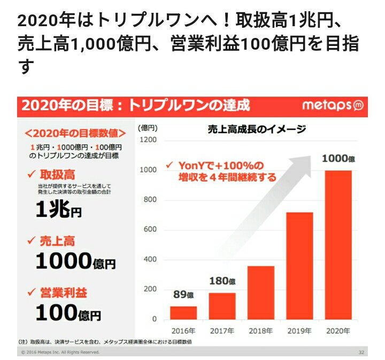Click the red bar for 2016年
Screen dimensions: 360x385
pos(183,312)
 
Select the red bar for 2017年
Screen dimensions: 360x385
pos(222,306)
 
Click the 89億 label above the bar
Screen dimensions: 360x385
pos(183,294)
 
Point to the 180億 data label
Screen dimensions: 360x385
pos(221,280)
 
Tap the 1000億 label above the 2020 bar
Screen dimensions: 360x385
pos(337,159)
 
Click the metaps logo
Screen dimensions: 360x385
pos(332,106)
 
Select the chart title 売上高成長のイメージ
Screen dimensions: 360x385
pos(257,129)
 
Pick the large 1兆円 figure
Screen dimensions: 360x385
pos(59,210)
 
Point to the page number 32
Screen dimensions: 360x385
pos(361,352)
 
